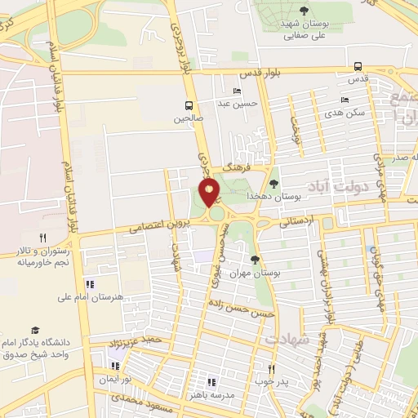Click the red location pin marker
tap(209, 193)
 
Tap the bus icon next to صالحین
tap(189, 105)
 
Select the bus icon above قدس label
tap(358, 67)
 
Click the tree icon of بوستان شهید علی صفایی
tap(304, 11)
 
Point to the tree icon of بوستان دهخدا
tap(273, 184)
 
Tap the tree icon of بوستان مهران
tap(255, 260)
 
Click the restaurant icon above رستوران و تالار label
tap(31, 237)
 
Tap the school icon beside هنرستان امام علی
tap(89, 284)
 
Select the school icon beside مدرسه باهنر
tap(211, 381)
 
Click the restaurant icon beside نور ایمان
tap(115, 366)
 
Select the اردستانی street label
tap(296, 220)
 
